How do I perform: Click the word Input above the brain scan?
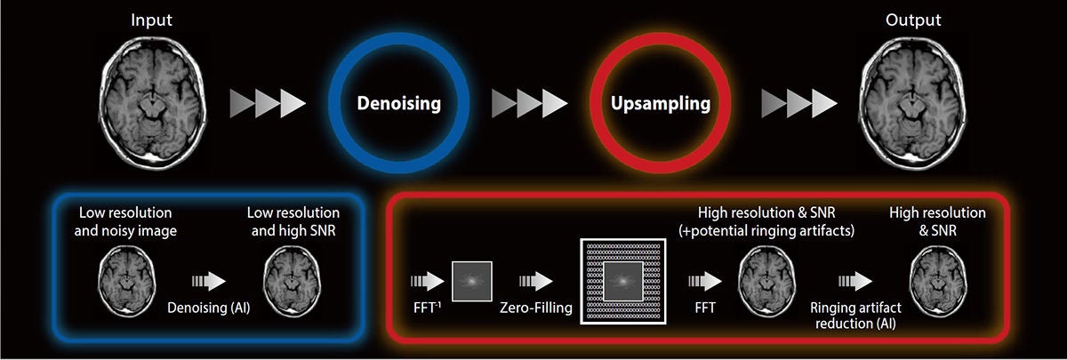click(151, 20)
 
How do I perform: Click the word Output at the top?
click(912, 20)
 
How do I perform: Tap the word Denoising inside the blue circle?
click(398, 103)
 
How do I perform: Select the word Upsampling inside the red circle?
click(660, 103)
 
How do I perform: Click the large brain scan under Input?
click(152, 103)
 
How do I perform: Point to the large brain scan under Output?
click(912, 103)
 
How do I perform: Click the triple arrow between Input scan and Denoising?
click(268, 103)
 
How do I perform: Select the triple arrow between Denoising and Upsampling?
click(530, 103)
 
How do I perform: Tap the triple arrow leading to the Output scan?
click(799, 103)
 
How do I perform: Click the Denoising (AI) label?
click(209, 308)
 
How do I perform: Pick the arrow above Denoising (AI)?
click(209, 282)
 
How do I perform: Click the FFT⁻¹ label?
click(427, 308)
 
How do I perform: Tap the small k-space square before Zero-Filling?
click(471, 282)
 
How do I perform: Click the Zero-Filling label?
click(536, 308)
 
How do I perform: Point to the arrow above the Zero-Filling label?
click(536, 282)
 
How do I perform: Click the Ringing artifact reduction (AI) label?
click(855, 316)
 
